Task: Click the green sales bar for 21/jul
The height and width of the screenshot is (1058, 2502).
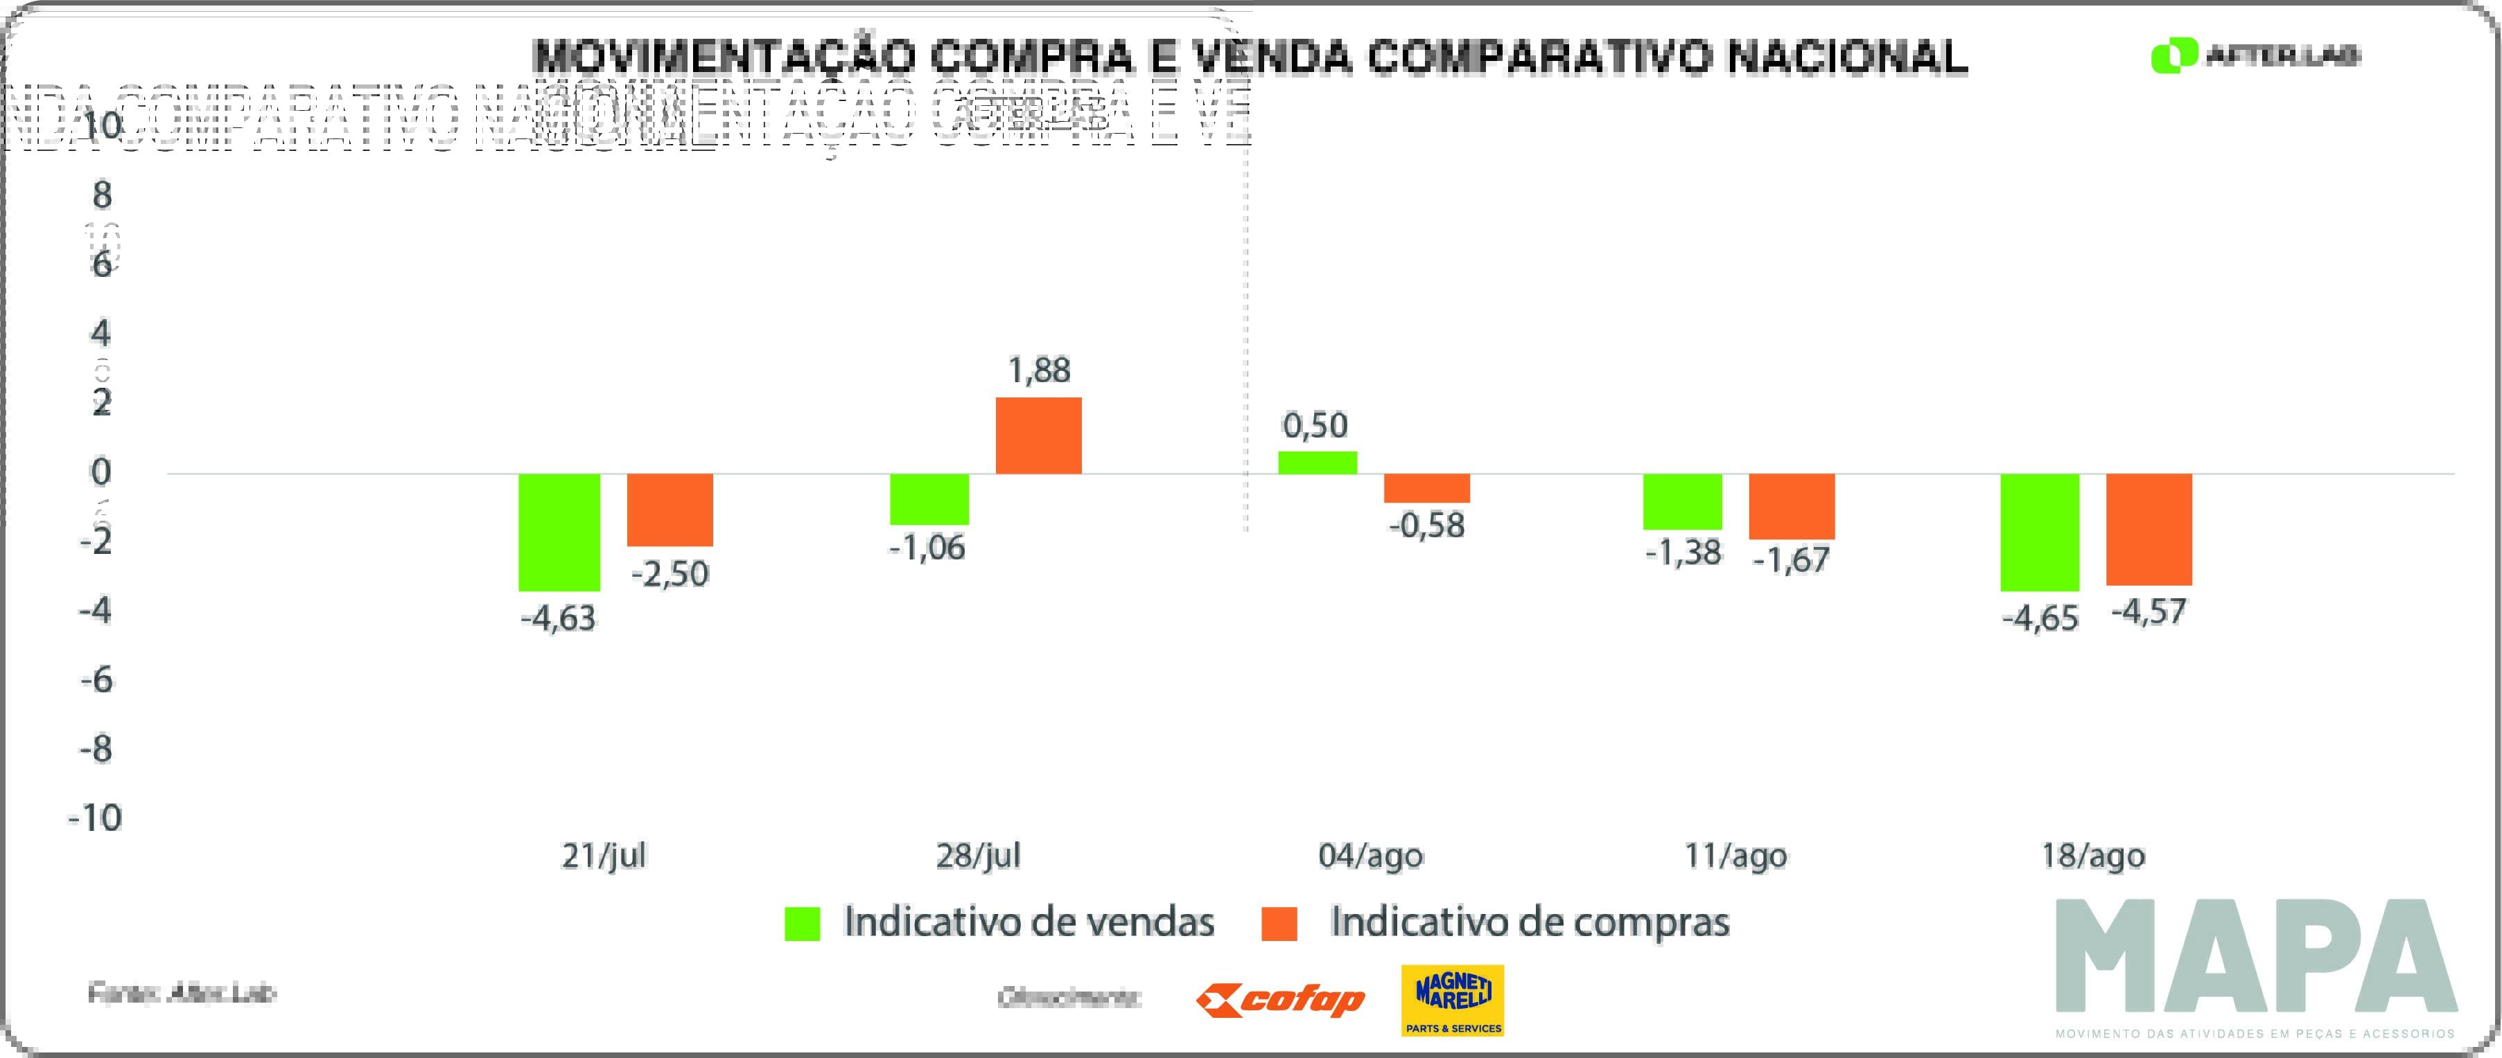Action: (x=559, y=532)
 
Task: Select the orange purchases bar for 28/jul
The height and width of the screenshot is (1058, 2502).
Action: (x=1038, y=436)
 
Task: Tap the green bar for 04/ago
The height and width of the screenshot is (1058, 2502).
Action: (x=1317, y=463)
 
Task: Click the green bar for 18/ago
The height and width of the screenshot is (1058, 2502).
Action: (x=2040, y=532)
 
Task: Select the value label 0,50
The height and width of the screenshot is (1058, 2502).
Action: (x=1315, y=425)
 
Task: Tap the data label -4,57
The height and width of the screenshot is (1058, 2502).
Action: (x=2149, y=611)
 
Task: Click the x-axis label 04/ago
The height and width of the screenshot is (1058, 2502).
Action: (x=1370, y=856)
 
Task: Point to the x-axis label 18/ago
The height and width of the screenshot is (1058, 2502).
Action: (x=2093, y=856)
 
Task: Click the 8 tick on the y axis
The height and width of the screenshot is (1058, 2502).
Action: (x=102, y=195)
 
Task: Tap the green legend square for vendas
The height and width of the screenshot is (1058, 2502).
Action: (x=803, y=923)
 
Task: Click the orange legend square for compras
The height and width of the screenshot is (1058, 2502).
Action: (x=1279, y=923)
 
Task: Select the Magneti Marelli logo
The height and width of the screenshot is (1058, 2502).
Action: (x=1453, y=1000)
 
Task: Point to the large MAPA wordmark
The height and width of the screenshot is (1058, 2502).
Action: (x=2255, y=956)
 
